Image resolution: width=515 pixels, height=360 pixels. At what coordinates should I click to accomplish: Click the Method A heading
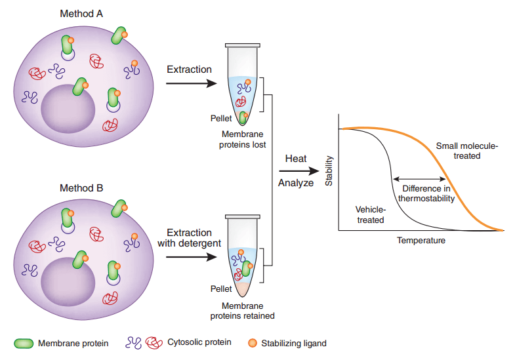[81, 13]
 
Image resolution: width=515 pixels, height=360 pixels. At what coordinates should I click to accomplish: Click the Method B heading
[81, 188]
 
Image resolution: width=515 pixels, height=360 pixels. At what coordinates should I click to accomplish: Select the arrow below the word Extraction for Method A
[191, 83]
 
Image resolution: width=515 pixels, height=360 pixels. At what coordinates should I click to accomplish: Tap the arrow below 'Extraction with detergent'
[191, 257]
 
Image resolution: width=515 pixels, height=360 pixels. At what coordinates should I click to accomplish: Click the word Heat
[296, 159]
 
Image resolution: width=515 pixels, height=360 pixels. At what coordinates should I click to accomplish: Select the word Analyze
[296, 183]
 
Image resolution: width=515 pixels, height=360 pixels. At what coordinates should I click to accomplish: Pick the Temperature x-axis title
[421, 241]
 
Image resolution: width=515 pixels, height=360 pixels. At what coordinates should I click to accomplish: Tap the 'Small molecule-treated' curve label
[467, 151]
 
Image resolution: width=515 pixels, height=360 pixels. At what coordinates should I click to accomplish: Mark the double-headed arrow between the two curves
[419, 178]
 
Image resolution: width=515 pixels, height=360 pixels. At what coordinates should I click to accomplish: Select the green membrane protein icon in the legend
[24, 343]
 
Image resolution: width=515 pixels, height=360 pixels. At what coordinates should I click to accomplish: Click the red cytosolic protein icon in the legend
[155, 343]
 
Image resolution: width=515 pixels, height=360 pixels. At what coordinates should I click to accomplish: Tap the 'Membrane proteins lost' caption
[242, 139]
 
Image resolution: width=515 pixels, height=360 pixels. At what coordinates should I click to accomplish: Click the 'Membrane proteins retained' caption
[242, 310]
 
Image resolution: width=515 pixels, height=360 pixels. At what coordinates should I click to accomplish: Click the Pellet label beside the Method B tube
[220, 289]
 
